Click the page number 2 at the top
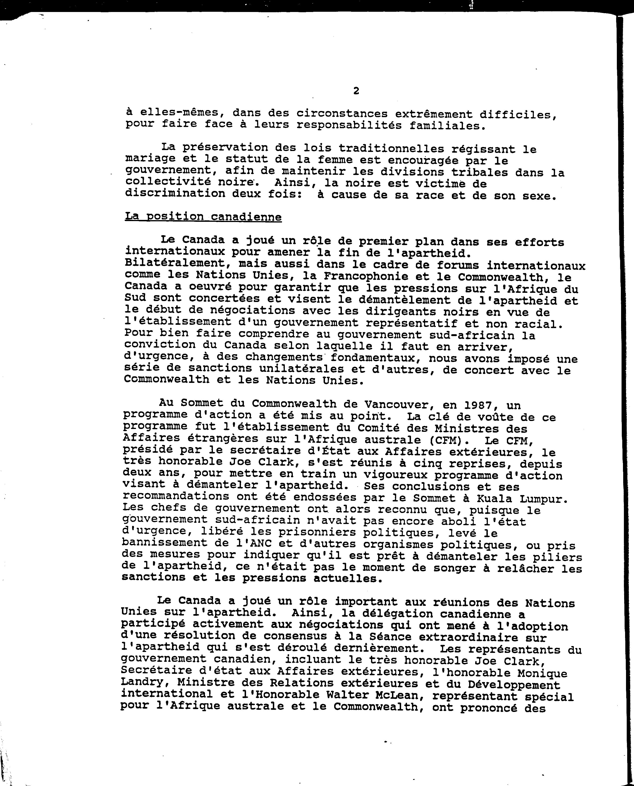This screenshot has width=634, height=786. (356, 91)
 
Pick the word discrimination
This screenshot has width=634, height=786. (175, 194)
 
